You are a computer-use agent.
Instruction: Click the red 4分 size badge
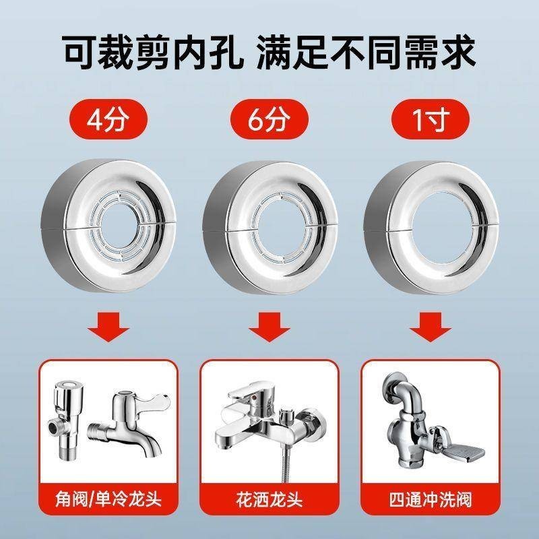[x=108, y=119]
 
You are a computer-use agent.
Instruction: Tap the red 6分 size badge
[x=269, y=119]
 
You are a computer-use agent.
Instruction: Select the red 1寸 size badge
[x=431, y=119]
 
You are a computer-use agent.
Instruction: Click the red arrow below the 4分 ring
[x=108, y=327]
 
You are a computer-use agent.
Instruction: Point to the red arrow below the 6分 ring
[x=269, y=327]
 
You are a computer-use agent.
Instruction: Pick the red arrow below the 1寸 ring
[x=431, y=327]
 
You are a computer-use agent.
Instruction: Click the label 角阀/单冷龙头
[x=108, y=499]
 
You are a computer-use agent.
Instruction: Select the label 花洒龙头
[x=269, y=499]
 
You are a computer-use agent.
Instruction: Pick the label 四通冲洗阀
[x=431, y=499]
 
